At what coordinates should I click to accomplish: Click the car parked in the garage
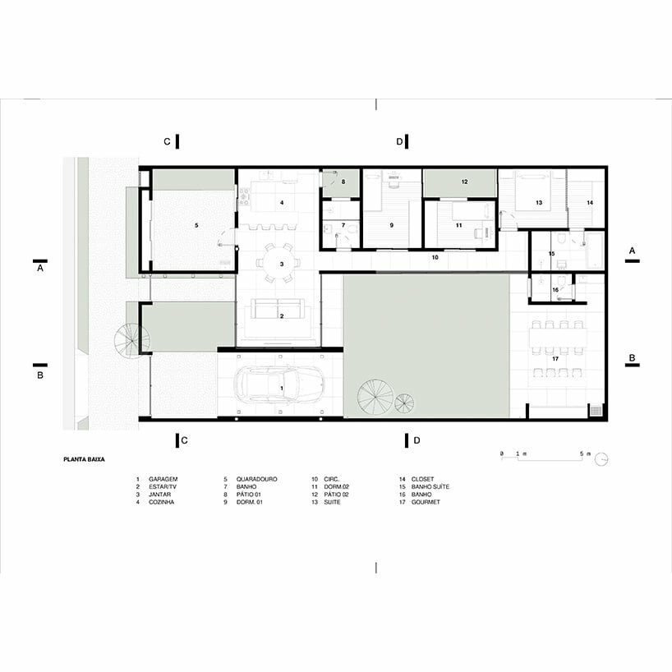pos(279,384)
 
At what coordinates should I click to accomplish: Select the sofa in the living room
pos(277,308)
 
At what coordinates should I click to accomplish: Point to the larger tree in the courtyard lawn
pos(375,398)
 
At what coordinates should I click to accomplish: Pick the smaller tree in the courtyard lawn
pos(404,403)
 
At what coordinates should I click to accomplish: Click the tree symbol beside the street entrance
pos(132,338)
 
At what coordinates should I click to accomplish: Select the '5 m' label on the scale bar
pos(584,453)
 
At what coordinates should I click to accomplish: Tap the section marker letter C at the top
pos(167,142)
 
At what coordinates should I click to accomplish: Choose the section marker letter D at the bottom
pos(417,441)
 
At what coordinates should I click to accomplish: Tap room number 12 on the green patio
pos(464,181)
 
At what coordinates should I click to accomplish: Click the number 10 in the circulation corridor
pos(435,258)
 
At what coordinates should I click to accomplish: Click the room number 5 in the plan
pos(196,223)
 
